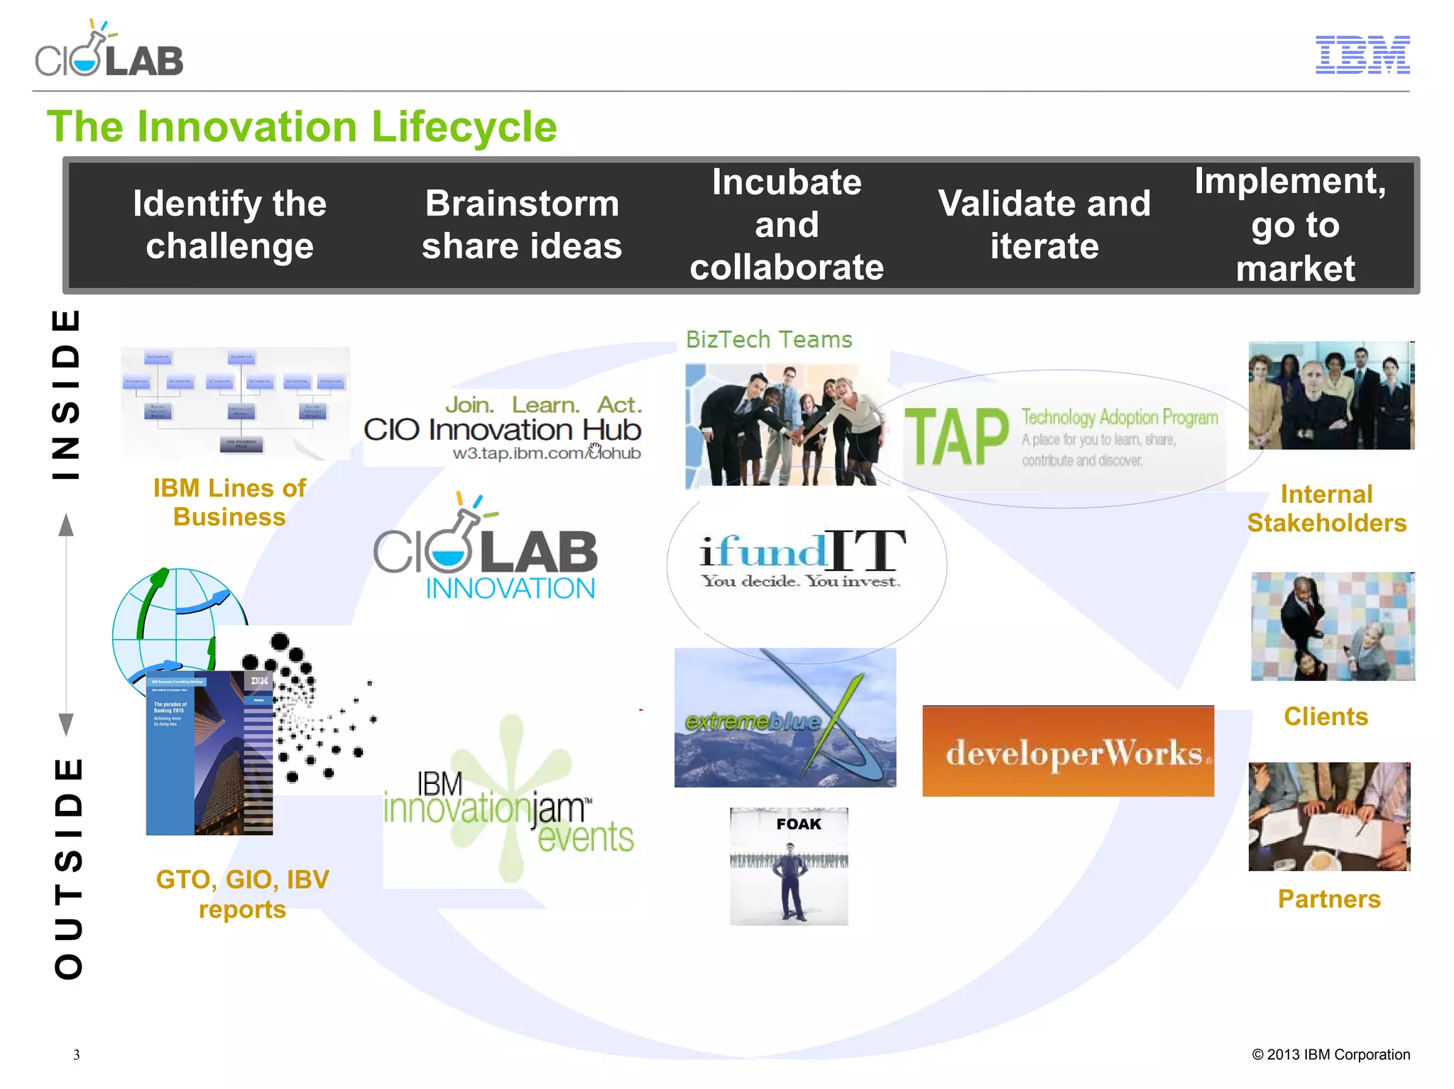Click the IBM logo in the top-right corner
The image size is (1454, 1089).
pyautogui.click(x=1362, y=55)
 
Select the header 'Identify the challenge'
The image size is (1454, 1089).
pyautogui.click(x=229, y=224)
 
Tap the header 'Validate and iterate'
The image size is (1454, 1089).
pyautogui.click(x=1044, y=224)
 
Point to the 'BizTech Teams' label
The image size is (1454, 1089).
pyautogui.click(x=768, y=340)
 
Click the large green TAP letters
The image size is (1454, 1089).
pyautogui.click(x=956, y=437)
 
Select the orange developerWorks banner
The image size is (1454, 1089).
pyautogui.click(x=1068, y=751)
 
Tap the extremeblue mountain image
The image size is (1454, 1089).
pyautogui.click(x=785, y=718)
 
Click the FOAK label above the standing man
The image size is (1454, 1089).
pyautogui.click(x=798, y=824)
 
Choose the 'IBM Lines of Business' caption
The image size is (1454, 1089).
pyautogui.click(x=229, y=502)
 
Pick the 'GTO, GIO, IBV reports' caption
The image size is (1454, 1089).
pyautogui.click(x=242, y=894)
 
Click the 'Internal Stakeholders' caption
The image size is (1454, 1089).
pyautogui.click(x=1326, y=508)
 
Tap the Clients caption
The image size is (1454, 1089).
pyautogui.click(x=1325, y=717)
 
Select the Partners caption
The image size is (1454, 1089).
pyautogui.click(x=1329, y=899)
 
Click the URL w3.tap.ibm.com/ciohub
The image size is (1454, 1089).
pyautogui.click(x=547, y=453)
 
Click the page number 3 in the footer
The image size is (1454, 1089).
pyautogui.click(x=77, y=1054)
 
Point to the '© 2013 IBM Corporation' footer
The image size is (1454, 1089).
pyautogui.click(x=1330, y=1054)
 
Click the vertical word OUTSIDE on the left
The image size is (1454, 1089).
pyautogui.click(x=69, y=868)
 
